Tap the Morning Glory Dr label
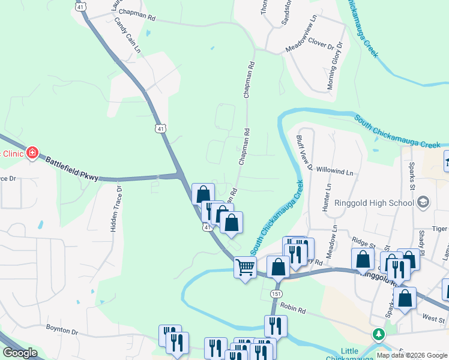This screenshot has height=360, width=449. [x=334, y=66]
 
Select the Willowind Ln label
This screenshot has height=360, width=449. [x=334, y=172]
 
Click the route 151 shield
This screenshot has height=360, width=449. [x=276, y=294]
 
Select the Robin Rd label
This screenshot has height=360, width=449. [x=293, y=307]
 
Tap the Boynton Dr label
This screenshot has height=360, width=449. [x=62, y=331]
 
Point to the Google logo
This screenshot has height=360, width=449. [x=20, y=353]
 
